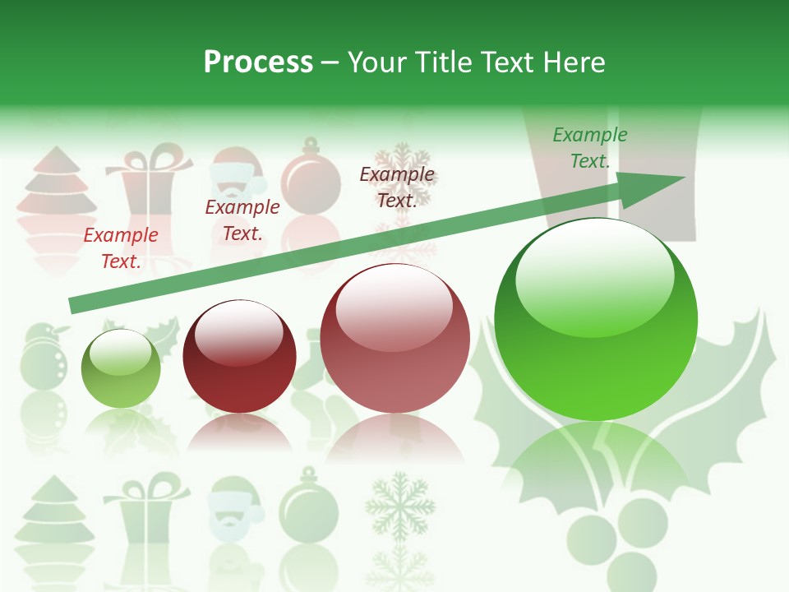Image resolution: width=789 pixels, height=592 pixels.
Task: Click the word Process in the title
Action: [258, 62]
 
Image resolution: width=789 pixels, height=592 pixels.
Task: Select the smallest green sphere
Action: [121, 368]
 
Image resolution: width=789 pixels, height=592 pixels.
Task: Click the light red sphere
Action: [394, 338]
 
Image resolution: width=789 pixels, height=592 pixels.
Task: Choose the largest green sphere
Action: [596, 319]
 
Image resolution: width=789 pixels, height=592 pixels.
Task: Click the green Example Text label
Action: [589, 148]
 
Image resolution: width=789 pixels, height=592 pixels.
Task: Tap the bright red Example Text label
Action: [121, 247]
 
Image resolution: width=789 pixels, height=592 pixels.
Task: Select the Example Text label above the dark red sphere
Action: [242, 220]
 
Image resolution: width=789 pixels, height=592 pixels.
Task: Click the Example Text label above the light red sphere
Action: [397, 187]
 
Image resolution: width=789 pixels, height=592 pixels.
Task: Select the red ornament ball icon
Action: [311, 175]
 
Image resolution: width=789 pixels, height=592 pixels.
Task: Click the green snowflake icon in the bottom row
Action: [400, 505]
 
